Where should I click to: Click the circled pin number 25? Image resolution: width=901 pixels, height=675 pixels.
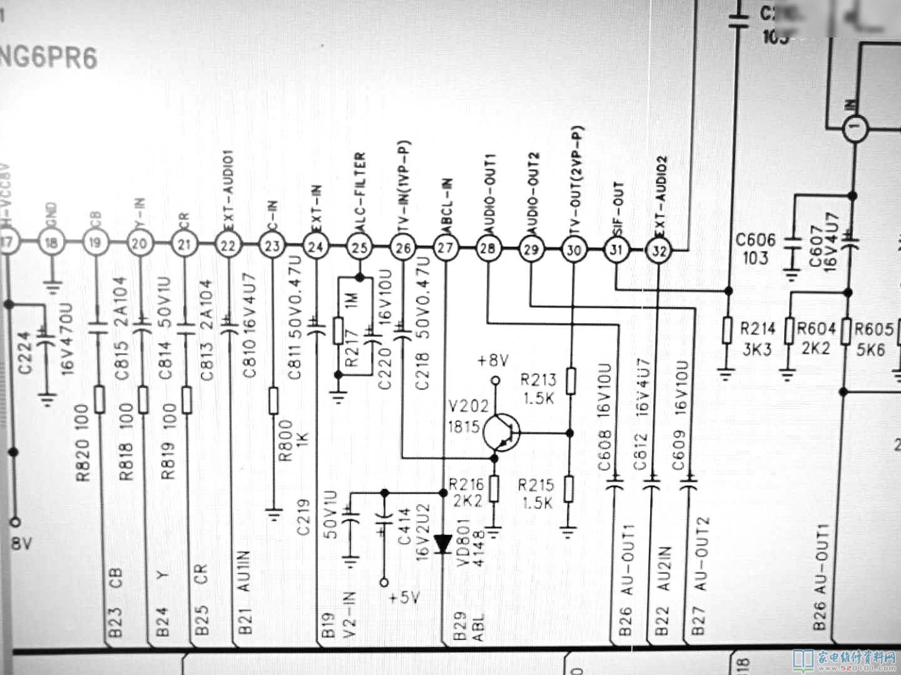coord(359,248)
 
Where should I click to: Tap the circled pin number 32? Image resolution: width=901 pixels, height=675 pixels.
coord(659,251)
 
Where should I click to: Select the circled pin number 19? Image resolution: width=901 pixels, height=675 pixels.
coord(96,243)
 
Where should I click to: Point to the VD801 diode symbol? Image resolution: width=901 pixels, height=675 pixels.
coord(444,544)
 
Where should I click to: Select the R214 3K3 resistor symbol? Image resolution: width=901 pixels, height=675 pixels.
coord(727,330)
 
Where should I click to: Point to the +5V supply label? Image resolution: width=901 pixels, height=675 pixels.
coord(404,598)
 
